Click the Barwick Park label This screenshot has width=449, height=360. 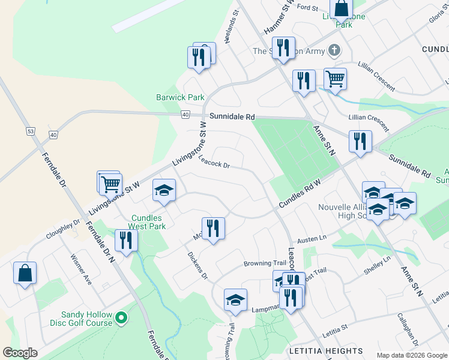point(180,97)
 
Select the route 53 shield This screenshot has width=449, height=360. point(30,130)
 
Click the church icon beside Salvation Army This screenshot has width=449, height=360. point(335,51)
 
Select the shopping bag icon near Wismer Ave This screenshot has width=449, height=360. point(25,273)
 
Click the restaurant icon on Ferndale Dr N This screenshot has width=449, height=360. point(126,241)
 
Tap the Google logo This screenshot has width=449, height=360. point(20,353)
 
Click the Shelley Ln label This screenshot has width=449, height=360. point(377,266)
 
